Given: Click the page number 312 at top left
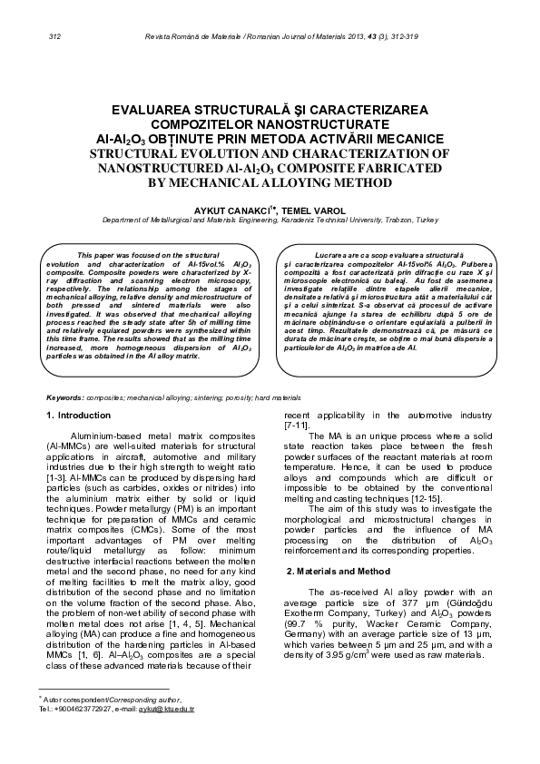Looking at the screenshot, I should (54, 36).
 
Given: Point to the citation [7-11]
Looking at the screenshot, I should (298, 426).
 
